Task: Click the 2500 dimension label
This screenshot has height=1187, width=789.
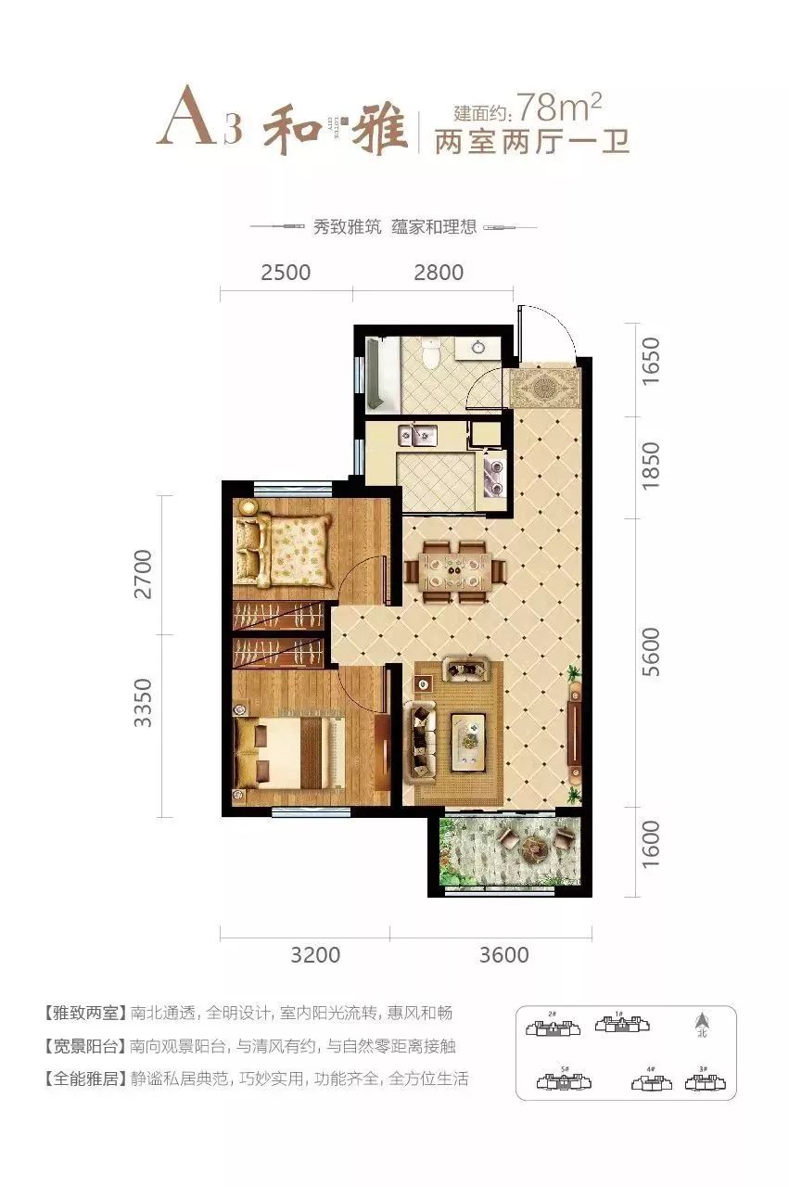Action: pos(286,273)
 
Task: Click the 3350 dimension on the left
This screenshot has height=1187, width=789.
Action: pos(143,702)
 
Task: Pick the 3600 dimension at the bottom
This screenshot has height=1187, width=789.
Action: pos(504,954)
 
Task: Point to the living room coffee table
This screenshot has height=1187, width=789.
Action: pos(469,738)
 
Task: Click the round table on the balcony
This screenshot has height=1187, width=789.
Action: pos(534,847)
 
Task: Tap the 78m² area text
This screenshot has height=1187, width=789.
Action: pos(560,109)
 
